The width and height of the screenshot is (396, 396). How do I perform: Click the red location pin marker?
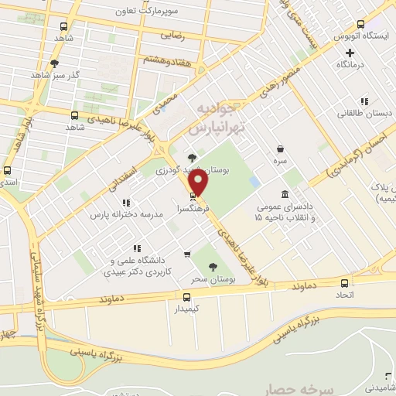200,183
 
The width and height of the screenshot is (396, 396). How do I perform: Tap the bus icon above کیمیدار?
186,297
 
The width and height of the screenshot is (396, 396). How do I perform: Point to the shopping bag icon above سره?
279,149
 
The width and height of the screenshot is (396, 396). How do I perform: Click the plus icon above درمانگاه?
350,53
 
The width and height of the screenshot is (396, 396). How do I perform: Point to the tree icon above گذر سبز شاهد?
54,63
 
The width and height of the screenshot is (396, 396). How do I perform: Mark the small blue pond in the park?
254,182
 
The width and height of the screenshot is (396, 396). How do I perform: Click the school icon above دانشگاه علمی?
136,248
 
